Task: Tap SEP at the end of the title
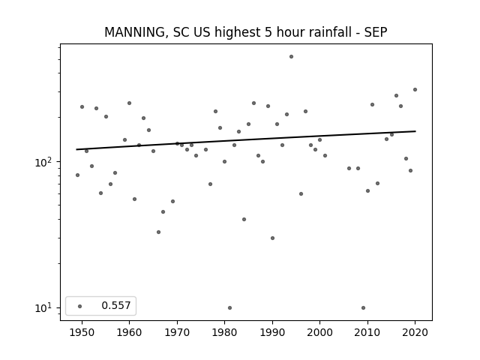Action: coord(376,32)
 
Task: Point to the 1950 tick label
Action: coord(82,332)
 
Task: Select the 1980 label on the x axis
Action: coord(224,332)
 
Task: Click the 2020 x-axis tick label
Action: coord(415,332)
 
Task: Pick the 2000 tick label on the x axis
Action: coord(319,332)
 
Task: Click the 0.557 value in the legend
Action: coord(116,305)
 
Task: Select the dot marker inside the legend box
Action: coord(79,306)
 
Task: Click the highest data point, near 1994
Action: coord(291,57)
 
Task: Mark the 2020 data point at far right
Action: coord(415,90)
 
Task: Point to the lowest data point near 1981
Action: coord(229,308)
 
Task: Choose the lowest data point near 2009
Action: coord(363,308)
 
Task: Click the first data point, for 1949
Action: coord(77,175)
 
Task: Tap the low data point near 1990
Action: coord(272,238)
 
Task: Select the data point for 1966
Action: coord(158,232)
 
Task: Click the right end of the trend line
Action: coord(415,131)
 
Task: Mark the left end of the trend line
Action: coord(76,149)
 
